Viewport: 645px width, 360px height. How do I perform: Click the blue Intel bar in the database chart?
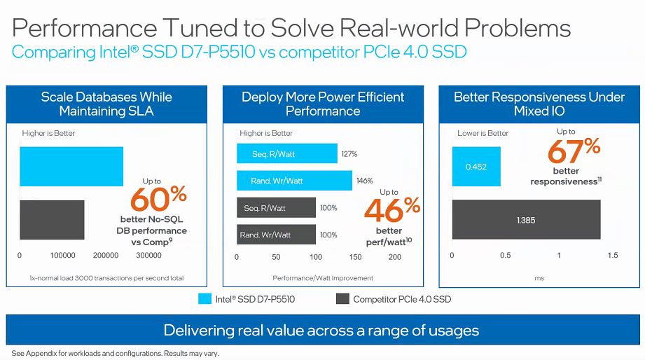pos(71,167)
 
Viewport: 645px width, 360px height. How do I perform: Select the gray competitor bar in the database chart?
pos(52,220)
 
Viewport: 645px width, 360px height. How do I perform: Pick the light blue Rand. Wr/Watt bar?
pos(294,181)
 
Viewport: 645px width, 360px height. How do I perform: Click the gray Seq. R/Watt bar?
pos(276,208)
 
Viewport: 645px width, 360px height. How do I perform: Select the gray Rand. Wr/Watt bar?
pos(276,235)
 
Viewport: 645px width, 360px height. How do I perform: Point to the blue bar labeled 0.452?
pos(476,167)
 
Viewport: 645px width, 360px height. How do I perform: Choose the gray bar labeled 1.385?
pos(526,220)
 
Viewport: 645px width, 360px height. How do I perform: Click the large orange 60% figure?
pos(159,200)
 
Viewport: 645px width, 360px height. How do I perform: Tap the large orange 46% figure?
pos(392,210)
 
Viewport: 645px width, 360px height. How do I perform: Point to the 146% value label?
pos(365,181)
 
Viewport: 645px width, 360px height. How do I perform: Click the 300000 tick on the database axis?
pos(148,256)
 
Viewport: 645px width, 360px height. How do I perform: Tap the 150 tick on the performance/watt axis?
pos(355,257)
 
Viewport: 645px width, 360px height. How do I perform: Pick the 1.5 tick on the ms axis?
pos(613,256)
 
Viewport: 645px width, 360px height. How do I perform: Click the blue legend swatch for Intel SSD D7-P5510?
pos(204,299)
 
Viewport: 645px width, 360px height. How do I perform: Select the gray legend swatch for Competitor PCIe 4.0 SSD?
pos(342,299)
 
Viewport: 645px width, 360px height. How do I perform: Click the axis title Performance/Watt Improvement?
pos(314,278)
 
